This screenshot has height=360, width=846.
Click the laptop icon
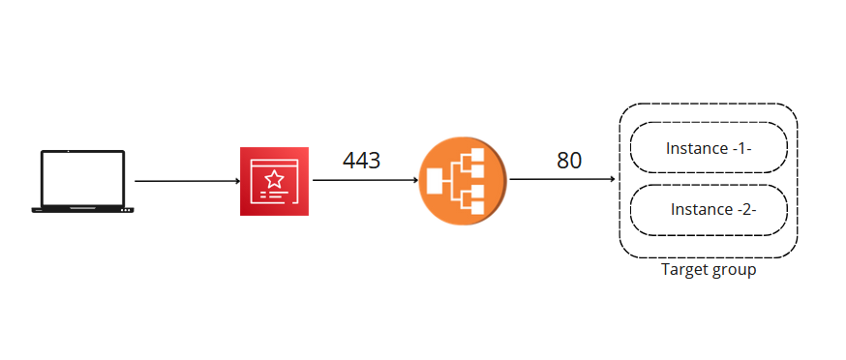coord(82,181)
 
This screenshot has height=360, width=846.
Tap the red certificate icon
coord(274,181)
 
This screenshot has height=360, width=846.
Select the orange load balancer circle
coord(463,181)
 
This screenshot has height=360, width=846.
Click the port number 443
coord(361,161)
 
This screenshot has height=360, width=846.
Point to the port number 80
coord(569,161)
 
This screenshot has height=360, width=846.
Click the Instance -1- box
coord(709,149)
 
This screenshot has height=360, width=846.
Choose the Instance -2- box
coord(709,209)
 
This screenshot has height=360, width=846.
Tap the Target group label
coord(708,270)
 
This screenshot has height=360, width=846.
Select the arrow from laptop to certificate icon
coord(187,181)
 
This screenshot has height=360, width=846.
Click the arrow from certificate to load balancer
coord(364,181)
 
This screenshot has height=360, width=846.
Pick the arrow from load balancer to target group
coord(562,180)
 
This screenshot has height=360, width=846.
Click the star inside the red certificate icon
coord(274,178)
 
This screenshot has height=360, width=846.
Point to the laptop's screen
coord(82,177)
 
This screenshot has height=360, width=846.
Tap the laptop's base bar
coord(82,209)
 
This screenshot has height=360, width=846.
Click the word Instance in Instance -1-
coord(694,149)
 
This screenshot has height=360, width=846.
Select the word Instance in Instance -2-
coord(698,209)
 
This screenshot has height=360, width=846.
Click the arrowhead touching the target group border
coord(613,180)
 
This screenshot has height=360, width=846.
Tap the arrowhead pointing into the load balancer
coord(415,181)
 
